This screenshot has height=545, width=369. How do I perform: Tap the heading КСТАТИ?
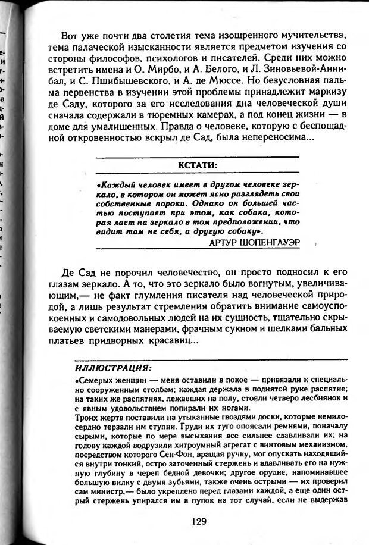point(201,165)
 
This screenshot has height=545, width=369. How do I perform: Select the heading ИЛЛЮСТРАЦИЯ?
point(112,367)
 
